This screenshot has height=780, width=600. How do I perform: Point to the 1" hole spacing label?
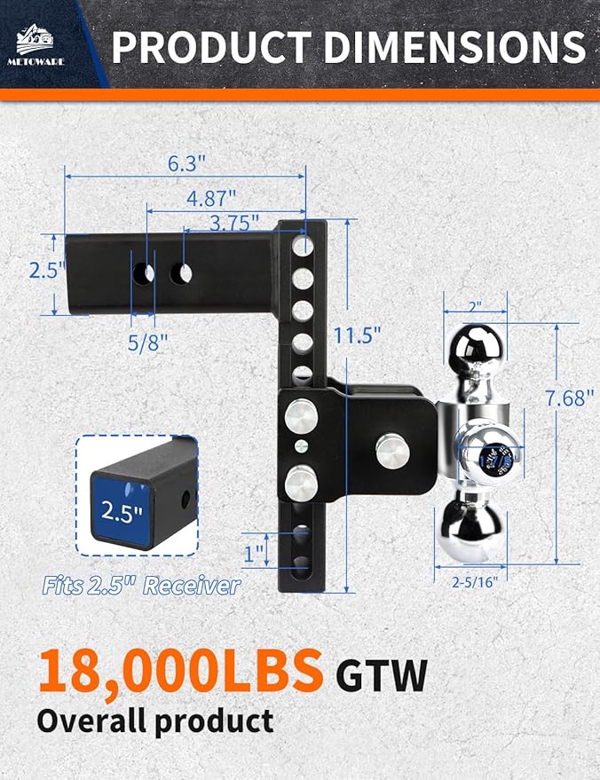point(256,555)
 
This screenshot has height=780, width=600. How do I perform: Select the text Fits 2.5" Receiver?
point(141,585)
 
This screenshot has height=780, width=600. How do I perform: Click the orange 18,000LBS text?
point(178,672)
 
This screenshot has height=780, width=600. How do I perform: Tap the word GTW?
point(382,677)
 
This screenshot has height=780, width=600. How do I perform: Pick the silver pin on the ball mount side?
point(393,450)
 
